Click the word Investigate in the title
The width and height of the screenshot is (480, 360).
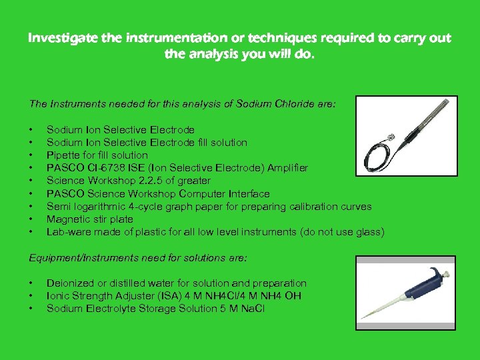pos(57,38)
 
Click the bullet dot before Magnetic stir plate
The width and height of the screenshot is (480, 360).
pos(31,219)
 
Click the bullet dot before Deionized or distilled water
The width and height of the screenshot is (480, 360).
pos(31,283)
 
